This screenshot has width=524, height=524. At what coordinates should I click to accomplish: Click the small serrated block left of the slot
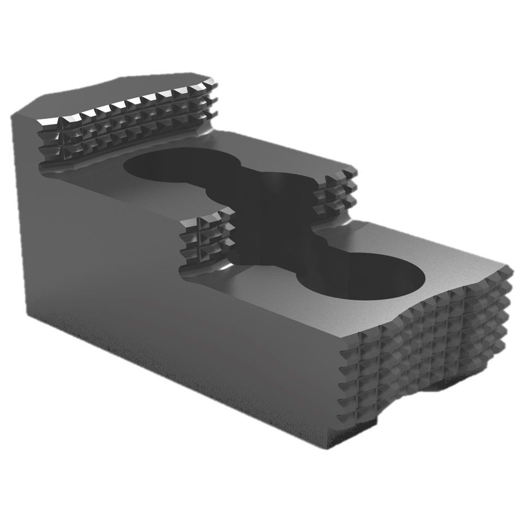205,240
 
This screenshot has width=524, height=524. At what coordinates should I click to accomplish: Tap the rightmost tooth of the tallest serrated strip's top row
210,87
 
